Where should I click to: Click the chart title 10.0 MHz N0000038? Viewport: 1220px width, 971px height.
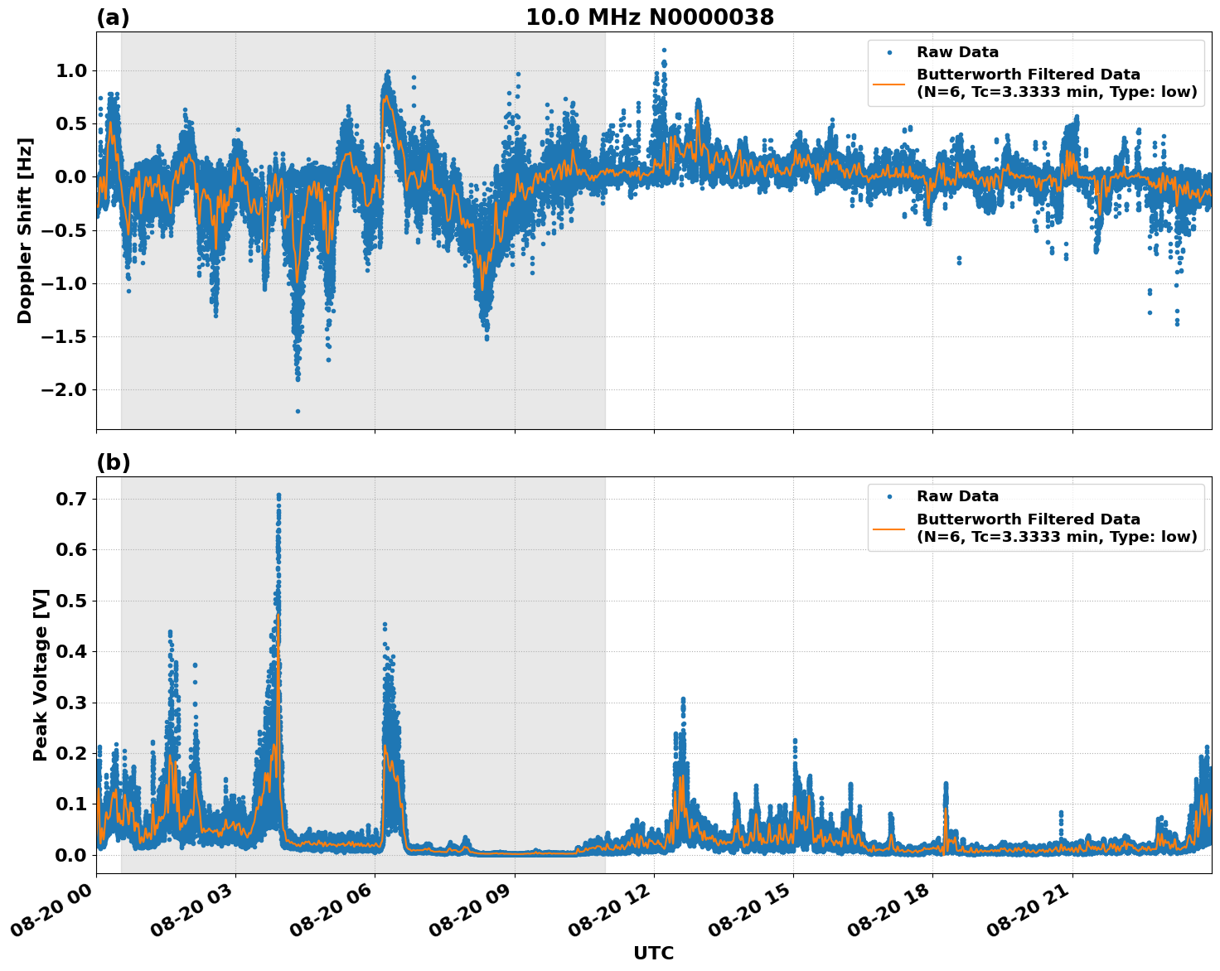[x=650, y=17]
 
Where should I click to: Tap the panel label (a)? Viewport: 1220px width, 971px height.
[x=113, y=17]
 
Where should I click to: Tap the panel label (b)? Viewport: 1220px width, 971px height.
[x=113, y=462]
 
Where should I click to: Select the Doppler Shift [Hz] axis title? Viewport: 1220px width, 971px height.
[x=25, y=230]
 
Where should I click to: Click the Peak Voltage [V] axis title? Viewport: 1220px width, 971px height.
[x=41, y=674]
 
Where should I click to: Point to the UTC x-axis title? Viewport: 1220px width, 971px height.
[x=653, y=953]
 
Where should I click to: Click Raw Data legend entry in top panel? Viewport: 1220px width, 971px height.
[x=957, y=53]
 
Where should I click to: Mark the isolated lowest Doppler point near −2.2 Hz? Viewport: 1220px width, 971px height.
[x=298, y=411]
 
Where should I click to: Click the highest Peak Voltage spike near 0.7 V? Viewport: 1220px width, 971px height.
[x=278, y=496]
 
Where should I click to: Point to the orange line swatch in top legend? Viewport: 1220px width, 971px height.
[x=888, y=84]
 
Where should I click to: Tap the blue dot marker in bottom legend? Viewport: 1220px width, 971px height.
[x=888, y=497]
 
